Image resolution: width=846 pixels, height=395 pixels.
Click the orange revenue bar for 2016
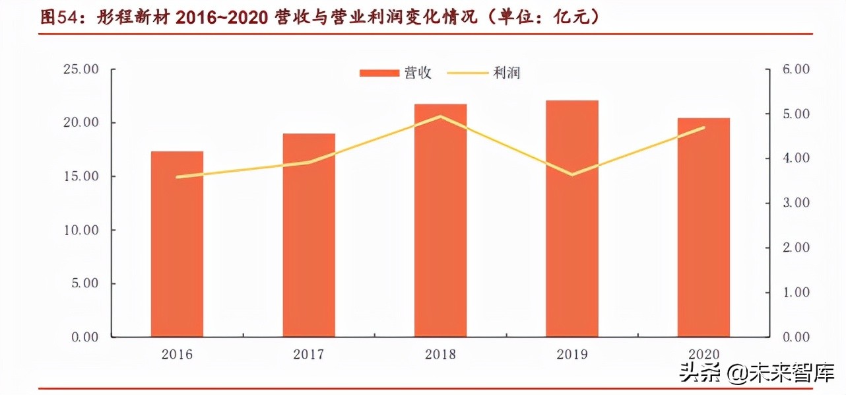coord(177,244)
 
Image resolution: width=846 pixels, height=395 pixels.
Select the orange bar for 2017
coord(309,235)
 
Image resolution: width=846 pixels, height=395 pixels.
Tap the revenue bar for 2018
coord(440,221)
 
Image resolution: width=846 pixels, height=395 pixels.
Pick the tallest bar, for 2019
coord(571,219)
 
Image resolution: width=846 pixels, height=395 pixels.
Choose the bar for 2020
coord(703,228)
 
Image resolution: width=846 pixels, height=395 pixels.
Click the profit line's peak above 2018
coord(440,116)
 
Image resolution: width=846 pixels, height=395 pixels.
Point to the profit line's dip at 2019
coord(571,174)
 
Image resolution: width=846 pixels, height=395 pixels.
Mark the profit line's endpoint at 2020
coord(703,127)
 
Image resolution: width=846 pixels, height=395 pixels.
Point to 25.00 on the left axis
coord(81,69)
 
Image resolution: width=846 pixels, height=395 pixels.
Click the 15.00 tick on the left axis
coord(81,176)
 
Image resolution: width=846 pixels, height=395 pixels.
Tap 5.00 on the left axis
coord(84,283)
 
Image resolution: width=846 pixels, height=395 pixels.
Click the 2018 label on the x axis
coord(440,355)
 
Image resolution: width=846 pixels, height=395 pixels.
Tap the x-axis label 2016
coord(177,355)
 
